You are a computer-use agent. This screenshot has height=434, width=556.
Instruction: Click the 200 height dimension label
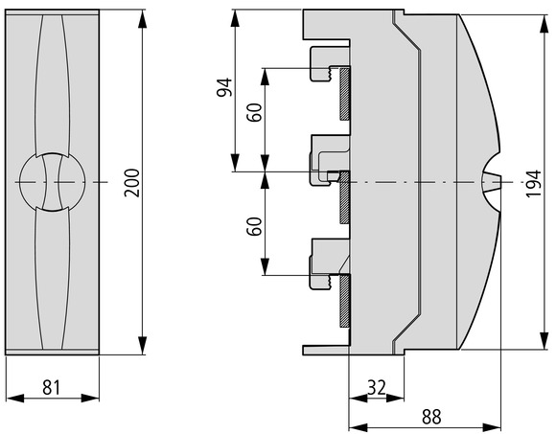(132, 183)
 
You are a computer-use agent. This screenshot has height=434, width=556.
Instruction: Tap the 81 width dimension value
(52, 387)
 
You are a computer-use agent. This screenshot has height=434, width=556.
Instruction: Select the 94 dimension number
(224, 87)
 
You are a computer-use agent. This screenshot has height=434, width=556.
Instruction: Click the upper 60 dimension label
(254, 112)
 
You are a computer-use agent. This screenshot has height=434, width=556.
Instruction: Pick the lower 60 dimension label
(254, 226)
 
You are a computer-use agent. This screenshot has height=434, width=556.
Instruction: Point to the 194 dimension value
(534, 184)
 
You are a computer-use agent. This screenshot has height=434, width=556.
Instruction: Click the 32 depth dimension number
(376, 388)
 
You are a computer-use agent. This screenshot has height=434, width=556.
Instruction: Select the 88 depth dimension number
(431, 417)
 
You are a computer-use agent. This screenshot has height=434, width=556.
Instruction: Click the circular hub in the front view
(53, 182)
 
